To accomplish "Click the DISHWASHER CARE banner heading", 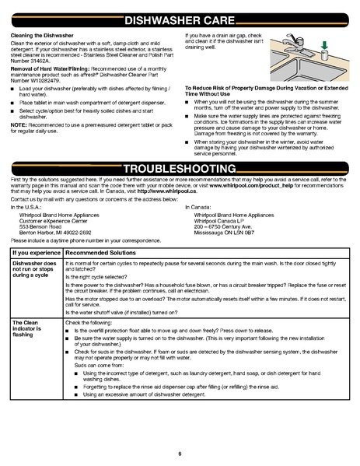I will click(179, 20).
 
